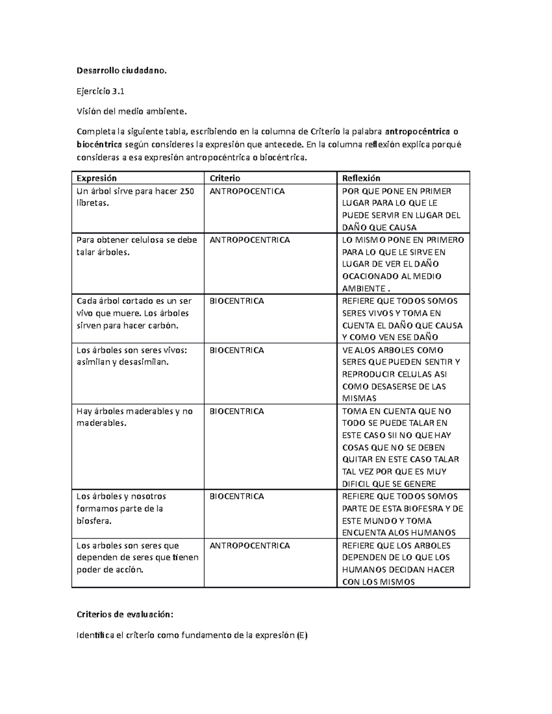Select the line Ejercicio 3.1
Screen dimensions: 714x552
point(100,91)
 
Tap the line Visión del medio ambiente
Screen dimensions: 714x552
point(132,111)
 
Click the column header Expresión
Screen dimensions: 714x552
point(97,178)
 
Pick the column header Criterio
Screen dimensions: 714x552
point(225,178)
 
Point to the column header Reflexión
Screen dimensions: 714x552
point(361,178)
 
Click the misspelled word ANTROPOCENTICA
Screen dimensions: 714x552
point(247,191)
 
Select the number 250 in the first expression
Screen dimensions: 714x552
point(187,191)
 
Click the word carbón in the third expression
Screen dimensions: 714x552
point(165,326)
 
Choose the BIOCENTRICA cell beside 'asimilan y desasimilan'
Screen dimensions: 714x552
point(237,350)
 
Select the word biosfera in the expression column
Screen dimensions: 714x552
point(94,521)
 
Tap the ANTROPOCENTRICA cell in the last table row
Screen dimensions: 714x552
point(250,546)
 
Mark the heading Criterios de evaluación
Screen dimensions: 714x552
point(125,615)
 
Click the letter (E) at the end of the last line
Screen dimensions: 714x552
point(302,636)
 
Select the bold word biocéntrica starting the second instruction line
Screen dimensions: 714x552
point(99,145)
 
